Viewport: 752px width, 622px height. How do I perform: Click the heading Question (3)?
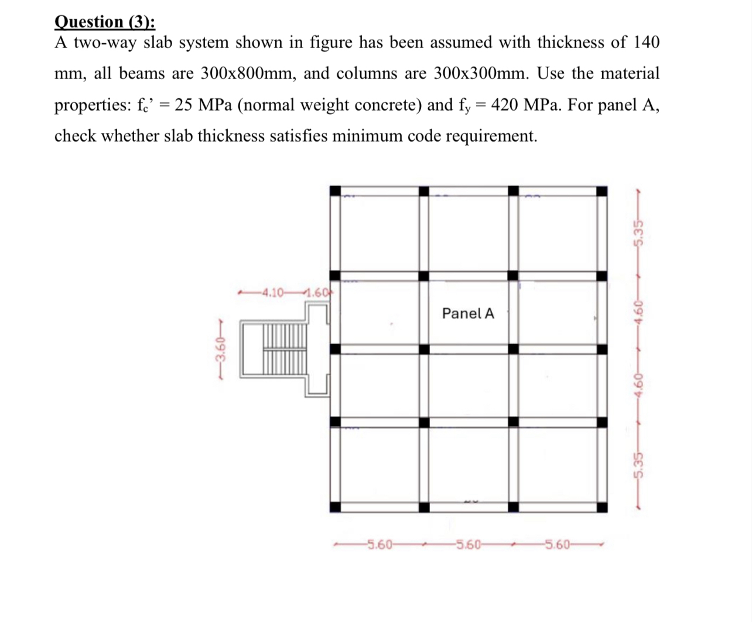(x=104, y=21)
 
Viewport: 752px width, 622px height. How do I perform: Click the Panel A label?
(x=468, y=314)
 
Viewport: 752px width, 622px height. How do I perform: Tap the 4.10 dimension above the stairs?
(x=273, y=292)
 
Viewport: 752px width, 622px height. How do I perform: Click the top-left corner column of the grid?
(x=335, y=191)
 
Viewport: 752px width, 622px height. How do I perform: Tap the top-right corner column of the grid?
(x=601, y=191)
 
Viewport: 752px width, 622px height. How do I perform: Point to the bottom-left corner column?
(x=335, y=507)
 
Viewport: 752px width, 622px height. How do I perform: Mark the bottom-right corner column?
(x=601, y=507)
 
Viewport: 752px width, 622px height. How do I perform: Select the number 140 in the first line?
(x=647, y=42)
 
